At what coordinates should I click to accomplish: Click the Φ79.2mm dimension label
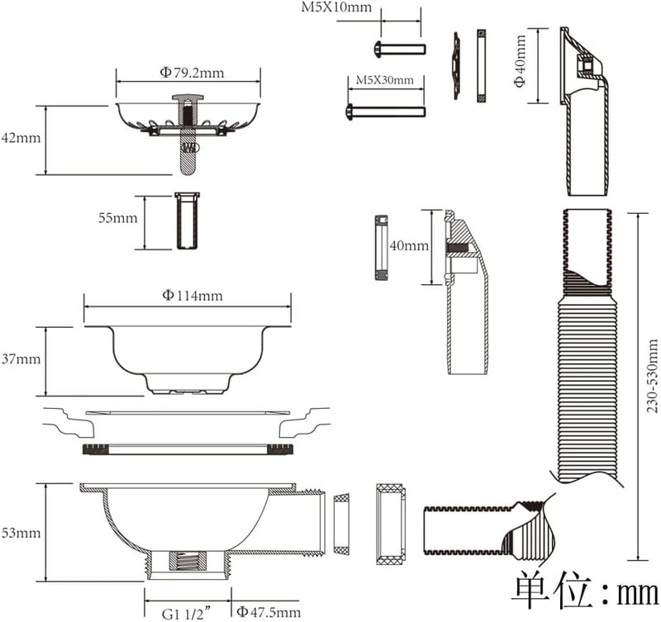[x=192, y=73]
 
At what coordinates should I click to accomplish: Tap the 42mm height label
[x=21, y=138]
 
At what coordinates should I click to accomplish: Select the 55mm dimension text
[x=118, y=218]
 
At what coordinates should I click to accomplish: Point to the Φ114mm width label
[x=193, y=295]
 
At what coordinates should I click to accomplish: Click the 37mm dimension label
[x=21, y=359]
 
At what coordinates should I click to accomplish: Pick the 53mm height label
[x=21, y=533]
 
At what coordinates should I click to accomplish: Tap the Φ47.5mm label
[x=269, y=611]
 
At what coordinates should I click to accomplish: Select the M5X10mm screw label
[x=336, y=7]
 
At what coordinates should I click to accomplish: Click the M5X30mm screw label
[x=385, y=80]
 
